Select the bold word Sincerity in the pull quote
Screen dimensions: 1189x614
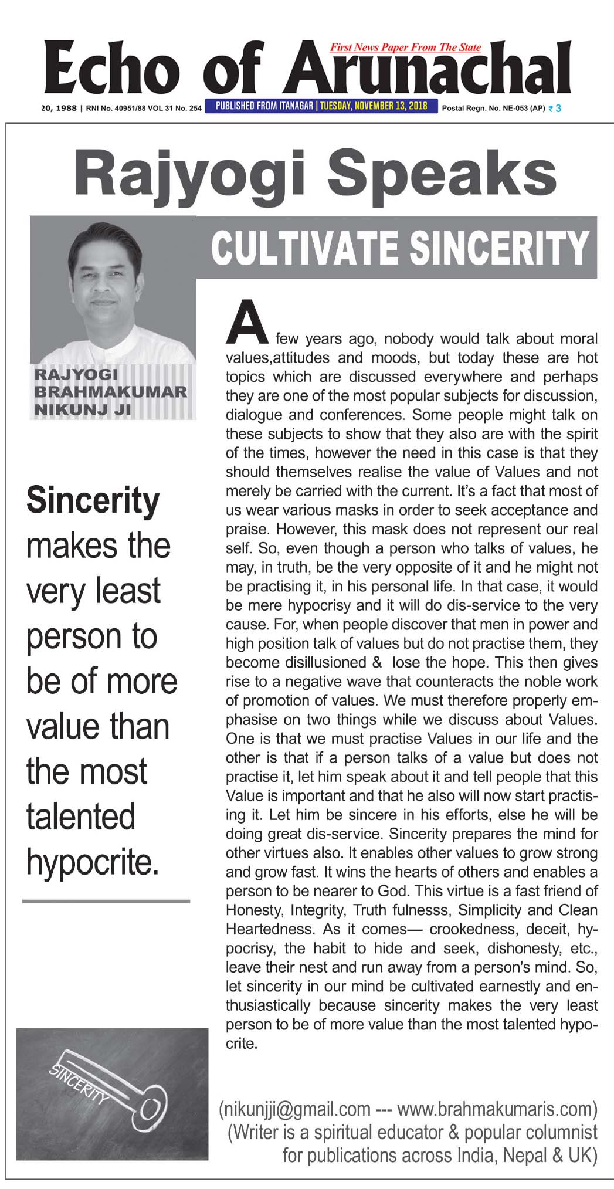93,501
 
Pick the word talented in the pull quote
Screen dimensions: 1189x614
81,816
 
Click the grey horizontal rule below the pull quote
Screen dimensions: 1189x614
106,901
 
